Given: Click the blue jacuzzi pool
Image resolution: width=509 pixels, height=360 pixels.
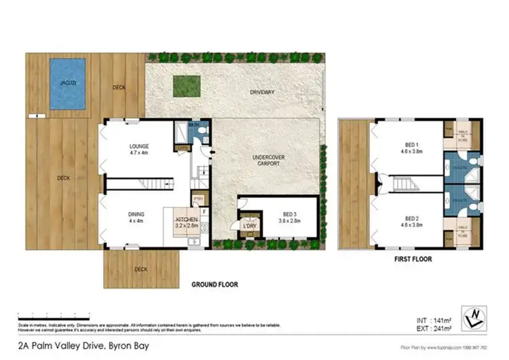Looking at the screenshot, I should point(68,85).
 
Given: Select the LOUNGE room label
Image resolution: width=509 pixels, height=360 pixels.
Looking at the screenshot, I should point(139,146).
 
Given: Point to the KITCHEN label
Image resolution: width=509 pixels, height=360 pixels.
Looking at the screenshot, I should point(186,220).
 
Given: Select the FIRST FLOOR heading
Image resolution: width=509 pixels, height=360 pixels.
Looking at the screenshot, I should point(412,259).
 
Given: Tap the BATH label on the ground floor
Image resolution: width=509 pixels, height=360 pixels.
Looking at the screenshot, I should point(194,125).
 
